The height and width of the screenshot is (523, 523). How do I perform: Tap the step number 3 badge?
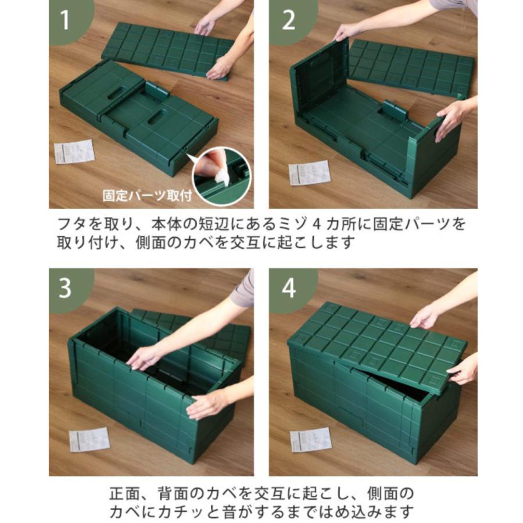pos(65,287)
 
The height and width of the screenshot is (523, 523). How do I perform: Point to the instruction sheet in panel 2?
pos(309,173)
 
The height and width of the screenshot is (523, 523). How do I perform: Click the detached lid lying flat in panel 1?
pos(169,49)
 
